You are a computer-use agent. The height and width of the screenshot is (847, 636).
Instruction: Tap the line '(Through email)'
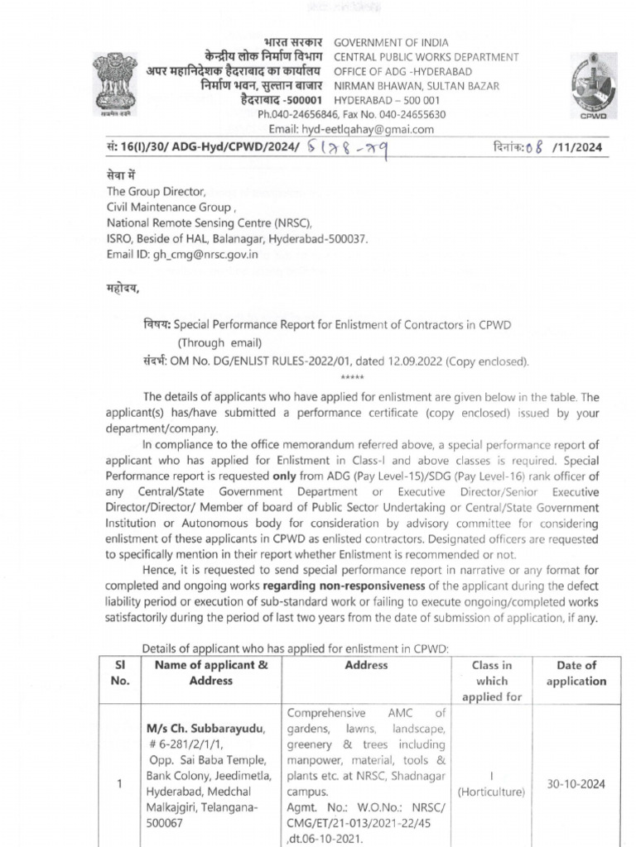[x=219, y=342]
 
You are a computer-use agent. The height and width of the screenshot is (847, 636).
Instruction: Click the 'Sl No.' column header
[x=121, y=672]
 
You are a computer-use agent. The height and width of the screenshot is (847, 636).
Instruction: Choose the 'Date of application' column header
[x=576, y=673]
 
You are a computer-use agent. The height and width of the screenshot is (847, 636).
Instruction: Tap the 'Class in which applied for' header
[x=491, y=681]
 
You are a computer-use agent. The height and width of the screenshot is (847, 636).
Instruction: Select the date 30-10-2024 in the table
[x=576, y=783]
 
